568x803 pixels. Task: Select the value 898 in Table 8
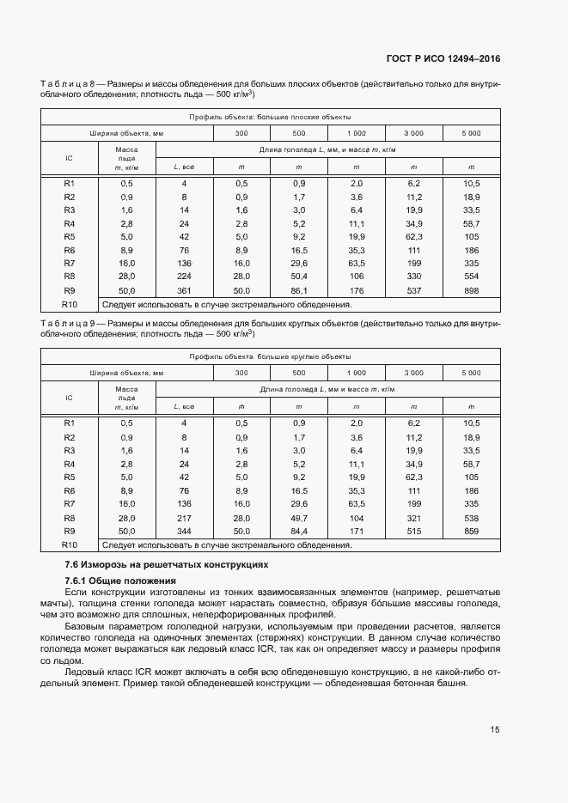[x=471, y=290]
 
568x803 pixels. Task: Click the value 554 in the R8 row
[x=471, y=277]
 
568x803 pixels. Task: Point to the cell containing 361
[x=183, y=290]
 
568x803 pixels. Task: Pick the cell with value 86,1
[x=299, y=290]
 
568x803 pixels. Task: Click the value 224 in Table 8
[x=183, y=277]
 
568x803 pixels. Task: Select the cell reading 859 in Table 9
[x=471, y=532]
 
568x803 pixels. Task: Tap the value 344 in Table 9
[x=183, y=532]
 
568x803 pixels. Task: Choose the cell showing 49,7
[x=299, y=518]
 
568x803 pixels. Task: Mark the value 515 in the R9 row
[x=413, y=532]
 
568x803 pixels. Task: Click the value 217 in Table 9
[x=183, y=518]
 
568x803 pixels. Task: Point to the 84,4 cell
[x=299, y=532]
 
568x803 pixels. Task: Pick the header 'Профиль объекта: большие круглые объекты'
[x=270, y=356]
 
